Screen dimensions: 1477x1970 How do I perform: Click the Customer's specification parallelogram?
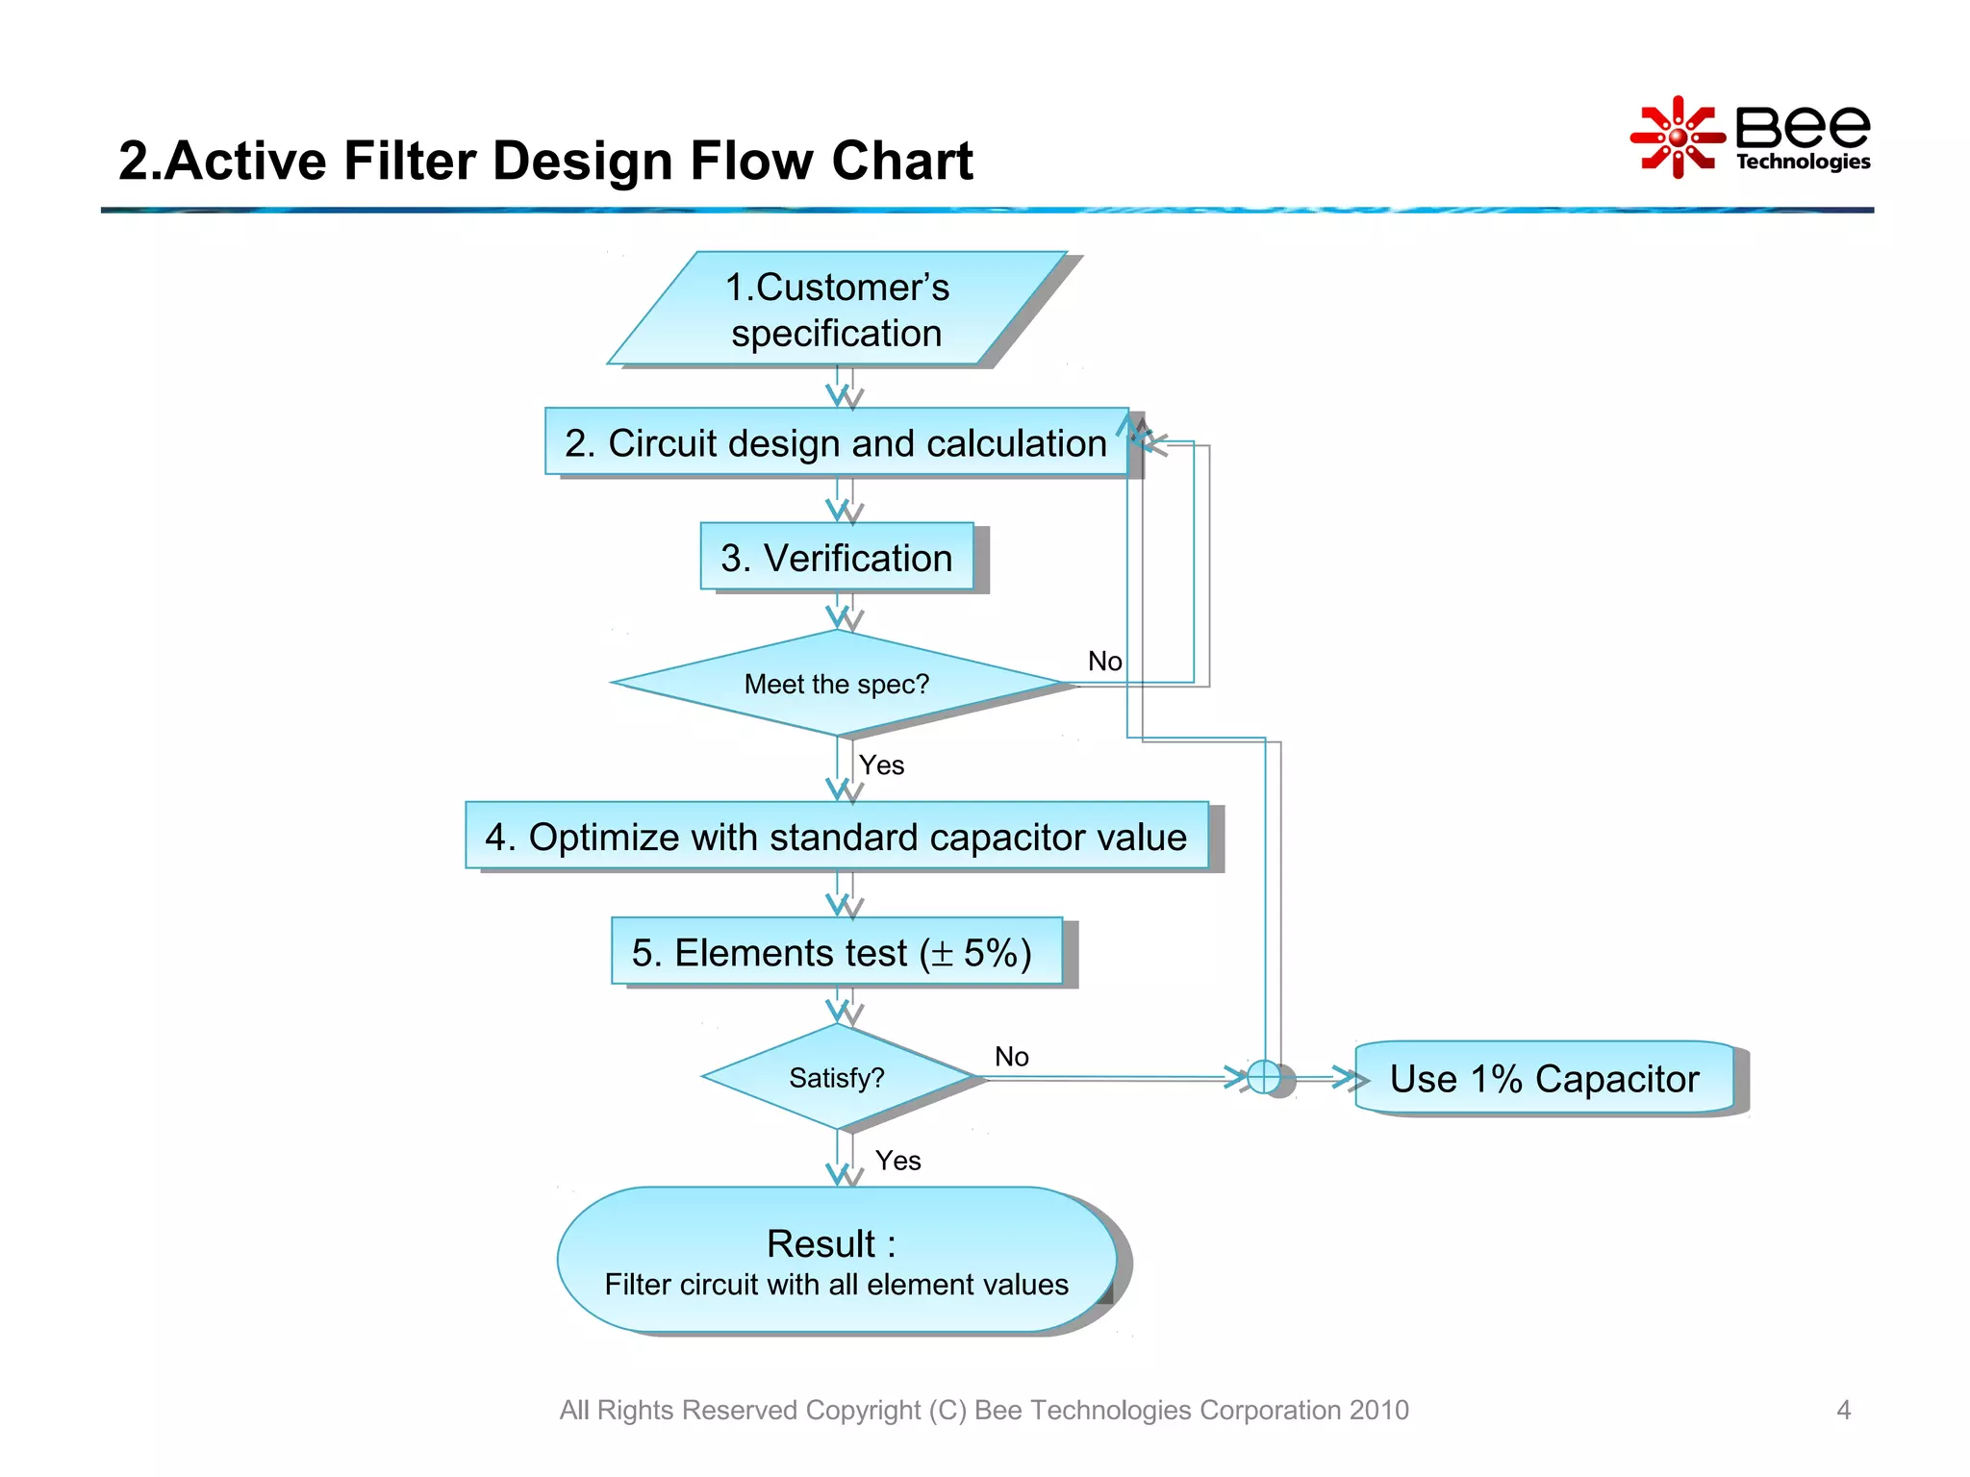click(x=837, y=309)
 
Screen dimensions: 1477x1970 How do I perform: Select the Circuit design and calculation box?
click(x=836, y=442)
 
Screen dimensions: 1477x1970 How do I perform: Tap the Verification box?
click(x=836, y=558)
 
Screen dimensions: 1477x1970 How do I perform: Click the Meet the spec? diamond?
click(x=836, y=684)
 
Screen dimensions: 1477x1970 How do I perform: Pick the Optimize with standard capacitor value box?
click(x=836, y=836)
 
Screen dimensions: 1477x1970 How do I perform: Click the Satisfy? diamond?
click(x=836, y=1077)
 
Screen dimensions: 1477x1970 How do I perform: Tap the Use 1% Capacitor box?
click(x=1544, y=1078)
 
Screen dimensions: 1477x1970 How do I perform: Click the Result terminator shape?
click(x=836, y=1260)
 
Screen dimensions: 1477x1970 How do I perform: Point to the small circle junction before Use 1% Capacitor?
click(x=1264, y=1077)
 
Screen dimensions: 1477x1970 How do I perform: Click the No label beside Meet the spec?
click(x=1104, y=662)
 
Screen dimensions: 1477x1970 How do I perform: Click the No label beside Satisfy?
click(x=1011, y=1057)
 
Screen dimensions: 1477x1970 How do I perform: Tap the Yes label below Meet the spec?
click(x=881, y=765)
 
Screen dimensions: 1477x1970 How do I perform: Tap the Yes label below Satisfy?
click(x=897, y=1161)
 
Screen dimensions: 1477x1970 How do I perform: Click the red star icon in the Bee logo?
click(x=1677, y=138)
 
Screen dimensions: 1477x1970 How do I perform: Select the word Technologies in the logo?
click(x=1803, y=162)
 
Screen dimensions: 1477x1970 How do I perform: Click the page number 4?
click(x=1843, y=1410)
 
